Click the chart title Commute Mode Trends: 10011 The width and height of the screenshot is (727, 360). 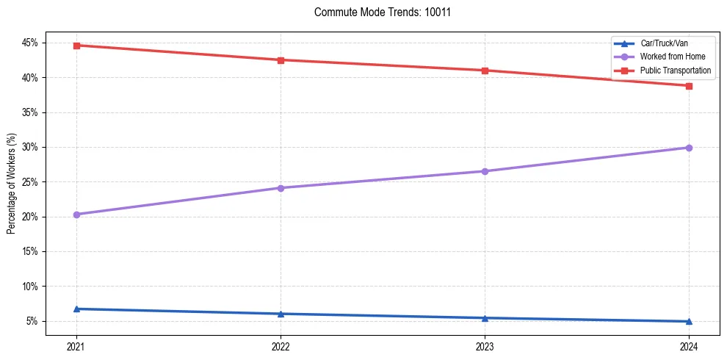[x=377, y=12]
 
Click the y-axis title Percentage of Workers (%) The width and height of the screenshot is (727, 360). [x=12, y=184]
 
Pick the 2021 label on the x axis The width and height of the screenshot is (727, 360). [x=76, y=346]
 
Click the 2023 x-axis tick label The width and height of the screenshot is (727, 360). [x=485, y=346]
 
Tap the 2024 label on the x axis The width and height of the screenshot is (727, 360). [x=689, y=346]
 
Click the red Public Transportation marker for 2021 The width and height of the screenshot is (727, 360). [x=76, y=46]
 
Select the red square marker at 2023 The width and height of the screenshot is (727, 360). [x=485, y=71]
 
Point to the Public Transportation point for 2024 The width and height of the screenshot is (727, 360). [x=689, y=86]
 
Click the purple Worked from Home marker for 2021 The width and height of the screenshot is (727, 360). [x=76, y=215]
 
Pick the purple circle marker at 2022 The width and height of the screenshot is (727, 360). [x=281, y=188]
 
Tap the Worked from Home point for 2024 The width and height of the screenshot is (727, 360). [x=689, y=148]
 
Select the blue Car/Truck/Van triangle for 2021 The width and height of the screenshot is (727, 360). [x=76, y=309]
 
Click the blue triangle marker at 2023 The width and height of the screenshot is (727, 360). [x=485, y=318]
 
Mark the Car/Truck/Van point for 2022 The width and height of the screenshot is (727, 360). [x=281, y=314]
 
